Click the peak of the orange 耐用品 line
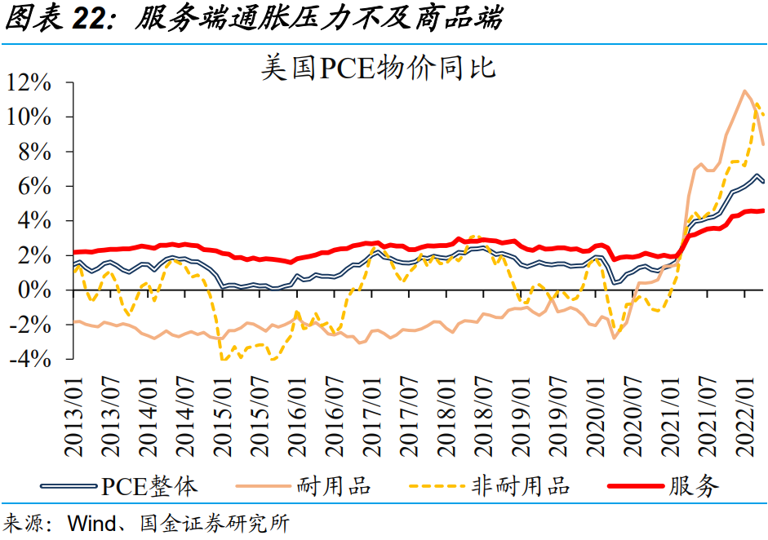(x=744, y=91)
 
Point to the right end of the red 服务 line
(x=763, y=210)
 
